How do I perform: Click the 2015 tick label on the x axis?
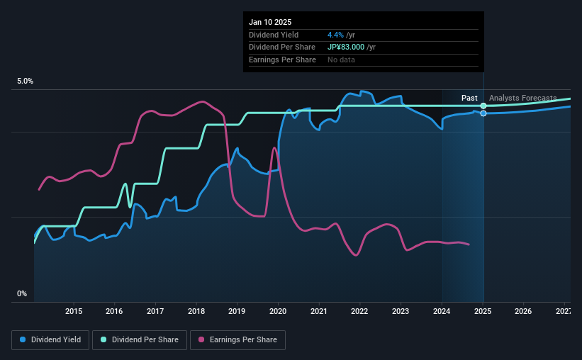(74, 311)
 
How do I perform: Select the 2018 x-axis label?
(196, 311)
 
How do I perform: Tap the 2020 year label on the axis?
(278, 311)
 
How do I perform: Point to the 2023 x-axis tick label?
(401, 311)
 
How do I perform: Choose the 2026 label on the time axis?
(523, 311)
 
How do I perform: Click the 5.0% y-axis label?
(25, 81)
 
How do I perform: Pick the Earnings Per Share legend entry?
(237, 340)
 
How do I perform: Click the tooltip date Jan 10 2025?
(270, 22)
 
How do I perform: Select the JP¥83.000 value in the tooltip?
(347, 47)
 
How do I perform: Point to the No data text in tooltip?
(341, 60)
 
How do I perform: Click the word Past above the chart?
(469, 98)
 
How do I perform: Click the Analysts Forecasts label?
(522, 98)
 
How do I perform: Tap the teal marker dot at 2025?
(483, 106)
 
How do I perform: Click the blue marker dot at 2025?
(483, 113)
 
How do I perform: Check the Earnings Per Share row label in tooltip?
(282, 60)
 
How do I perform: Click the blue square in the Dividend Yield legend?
(23, 340)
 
